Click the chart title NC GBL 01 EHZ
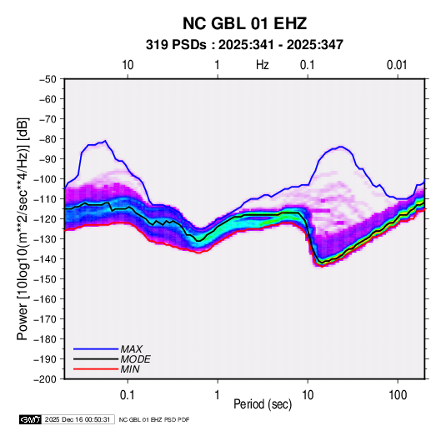pos(244,23)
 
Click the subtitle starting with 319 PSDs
pos(244,45)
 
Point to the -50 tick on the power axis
pos(48,79)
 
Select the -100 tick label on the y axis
pos(46,179)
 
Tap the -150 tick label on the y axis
pos(46,279)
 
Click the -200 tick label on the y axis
pos(46,379)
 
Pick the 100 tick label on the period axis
pos(398,395)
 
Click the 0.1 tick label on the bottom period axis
pos(128,395)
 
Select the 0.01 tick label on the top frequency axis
pos(397,65)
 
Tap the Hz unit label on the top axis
pos(263,65)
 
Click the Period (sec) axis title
pos(263,404)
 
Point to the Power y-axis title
pos(23,228)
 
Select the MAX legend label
pos(132,349)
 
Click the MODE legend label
pos(135,359)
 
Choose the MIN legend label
pos(130,369)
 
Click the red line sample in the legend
pos(96,369)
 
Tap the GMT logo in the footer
pos(31,419)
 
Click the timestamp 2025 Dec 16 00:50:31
pos(78,419)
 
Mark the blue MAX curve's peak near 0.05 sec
pos(106,141)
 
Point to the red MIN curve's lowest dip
pos(322,267)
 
